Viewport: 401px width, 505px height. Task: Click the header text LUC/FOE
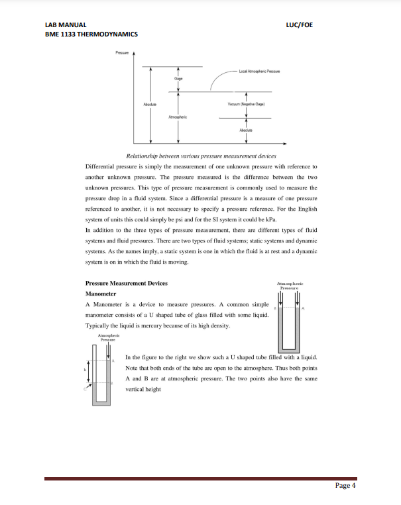point(299,25)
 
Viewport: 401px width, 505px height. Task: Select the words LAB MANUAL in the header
point(64,25)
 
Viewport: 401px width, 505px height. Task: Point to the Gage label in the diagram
point(178,79)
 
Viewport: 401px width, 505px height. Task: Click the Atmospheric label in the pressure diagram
point(178,116)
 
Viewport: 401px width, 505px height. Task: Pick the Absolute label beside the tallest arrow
point(151,104)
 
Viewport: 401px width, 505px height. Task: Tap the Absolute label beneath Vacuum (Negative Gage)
point(246,131)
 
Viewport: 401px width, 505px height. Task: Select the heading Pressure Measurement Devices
point(127,283)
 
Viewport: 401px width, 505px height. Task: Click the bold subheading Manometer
point(101,293)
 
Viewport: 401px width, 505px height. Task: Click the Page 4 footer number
point(345,485)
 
